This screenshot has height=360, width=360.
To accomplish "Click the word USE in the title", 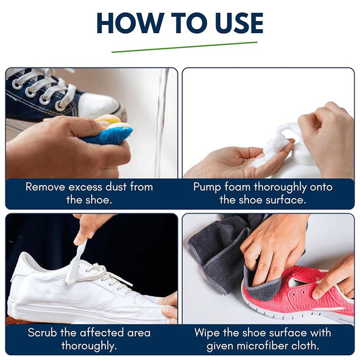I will tap(232, 23).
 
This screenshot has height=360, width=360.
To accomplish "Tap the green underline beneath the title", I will tap(184, 47).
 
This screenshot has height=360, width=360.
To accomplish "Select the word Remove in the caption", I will tap(47, 186).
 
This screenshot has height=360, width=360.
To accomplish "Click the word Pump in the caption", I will tap(207, 186).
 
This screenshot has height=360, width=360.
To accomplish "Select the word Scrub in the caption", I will tap(43, 332).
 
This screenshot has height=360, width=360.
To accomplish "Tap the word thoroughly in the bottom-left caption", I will tap(92, 345).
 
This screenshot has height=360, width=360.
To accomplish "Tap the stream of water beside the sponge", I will tap(161, 122).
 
